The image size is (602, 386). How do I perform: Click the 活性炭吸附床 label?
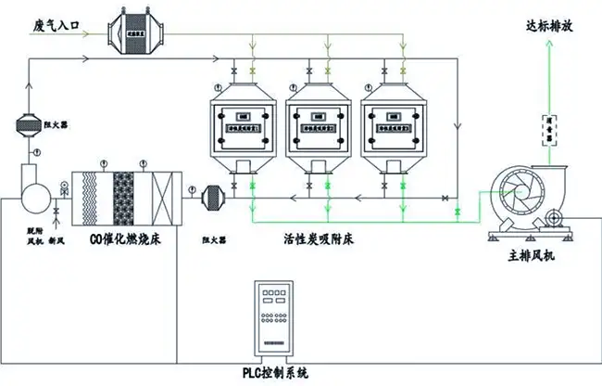pos(322,238)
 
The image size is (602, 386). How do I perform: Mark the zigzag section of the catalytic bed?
pos(93,196)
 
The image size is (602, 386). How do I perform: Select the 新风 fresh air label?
pos(55,238)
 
